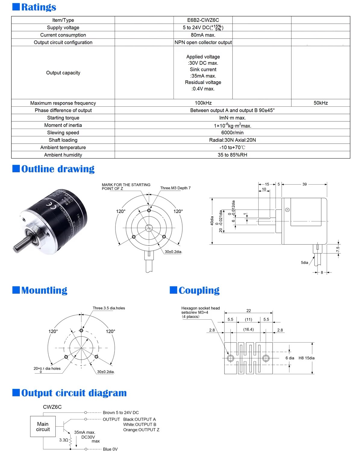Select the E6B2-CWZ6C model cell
pos(203,20)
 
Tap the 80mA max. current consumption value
pos(203,35)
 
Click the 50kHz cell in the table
pos(321,103)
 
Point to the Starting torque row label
pos(63,118)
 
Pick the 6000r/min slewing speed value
pos(232,133)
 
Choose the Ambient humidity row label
pos(63,155)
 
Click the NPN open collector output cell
pos(203,42)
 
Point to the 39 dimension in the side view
pos(305,184)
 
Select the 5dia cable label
pos(304,263)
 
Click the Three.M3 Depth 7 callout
pos(175,188)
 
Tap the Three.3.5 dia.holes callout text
pos(109,308)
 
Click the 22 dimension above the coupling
pos(249,311)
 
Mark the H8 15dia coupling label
pos(306,358)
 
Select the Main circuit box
pos(43,426)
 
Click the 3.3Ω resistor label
pos(64,440)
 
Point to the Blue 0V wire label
pos(110,449)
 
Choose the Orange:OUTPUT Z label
pos(141,430)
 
